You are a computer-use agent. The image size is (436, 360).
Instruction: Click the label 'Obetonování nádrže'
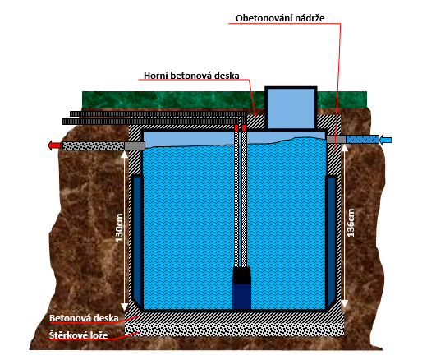click(x=280, y=18)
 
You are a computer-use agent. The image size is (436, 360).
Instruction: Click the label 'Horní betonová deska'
click(x=191, y=76)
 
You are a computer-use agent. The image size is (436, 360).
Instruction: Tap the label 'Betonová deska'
click(x=84, y=318)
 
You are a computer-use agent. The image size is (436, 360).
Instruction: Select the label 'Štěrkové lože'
click(x=78, y=335)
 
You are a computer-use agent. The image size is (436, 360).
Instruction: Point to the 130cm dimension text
click(x=119, y=228)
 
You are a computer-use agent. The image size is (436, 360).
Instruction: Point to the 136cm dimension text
click(x=351, y=223)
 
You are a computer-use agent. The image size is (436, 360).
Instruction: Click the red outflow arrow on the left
click(x=54, y=145)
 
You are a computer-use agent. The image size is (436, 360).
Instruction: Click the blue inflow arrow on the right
click(x=386, y=139)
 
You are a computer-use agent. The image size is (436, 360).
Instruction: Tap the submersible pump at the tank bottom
click(x=241, y=288)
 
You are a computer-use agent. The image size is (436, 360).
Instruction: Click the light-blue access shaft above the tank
click(x=291, y=108)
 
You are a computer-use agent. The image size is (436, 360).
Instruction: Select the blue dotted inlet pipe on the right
click(x=362, y=139)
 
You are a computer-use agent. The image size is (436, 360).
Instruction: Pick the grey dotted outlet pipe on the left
click(x=94, y=145)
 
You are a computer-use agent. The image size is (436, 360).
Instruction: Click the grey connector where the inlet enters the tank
click(x=336, y=139)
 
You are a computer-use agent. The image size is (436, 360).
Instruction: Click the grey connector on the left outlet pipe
click(x=135, y=145)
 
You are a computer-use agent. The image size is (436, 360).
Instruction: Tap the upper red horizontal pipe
click(x=158, y=113)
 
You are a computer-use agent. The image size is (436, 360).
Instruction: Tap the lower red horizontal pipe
click(x=150, y=122)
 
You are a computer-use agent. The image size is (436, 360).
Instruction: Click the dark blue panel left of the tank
click(x=137, y=239)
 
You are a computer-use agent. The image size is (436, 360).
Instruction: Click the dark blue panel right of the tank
click(x=332, y=239)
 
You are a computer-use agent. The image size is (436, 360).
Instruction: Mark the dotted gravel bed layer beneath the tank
click(x=234, y=329)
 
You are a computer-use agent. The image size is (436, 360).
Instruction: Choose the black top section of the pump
click(x=241, y=275)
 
